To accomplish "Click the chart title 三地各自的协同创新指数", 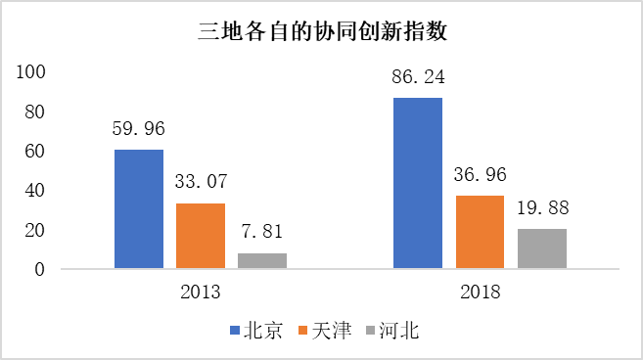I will click(322, 31).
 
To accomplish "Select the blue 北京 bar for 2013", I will click(139, 209).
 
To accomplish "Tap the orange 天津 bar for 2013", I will click(201, 236).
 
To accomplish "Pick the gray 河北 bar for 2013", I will click(262, 260).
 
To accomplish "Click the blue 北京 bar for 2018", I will click(418, 183).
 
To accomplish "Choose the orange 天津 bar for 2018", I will click(480, 232).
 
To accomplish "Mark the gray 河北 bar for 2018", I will click(541, 248).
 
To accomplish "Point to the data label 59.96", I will click(139, 127).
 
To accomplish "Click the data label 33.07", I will click(201, 181).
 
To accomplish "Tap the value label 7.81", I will click(262, 231).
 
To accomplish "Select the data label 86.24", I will click(418, 75).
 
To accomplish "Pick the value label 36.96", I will click(480, 173).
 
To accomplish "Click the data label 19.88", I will click(541, 207).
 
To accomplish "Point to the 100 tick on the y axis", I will click(32, 71).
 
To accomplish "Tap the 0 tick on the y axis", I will click(42, 269).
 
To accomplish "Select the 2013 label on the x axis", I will click(201, 292).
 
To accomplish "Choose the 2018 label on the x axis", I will click(480, 292).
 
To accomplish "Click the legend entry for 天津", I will click(326, 331).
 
